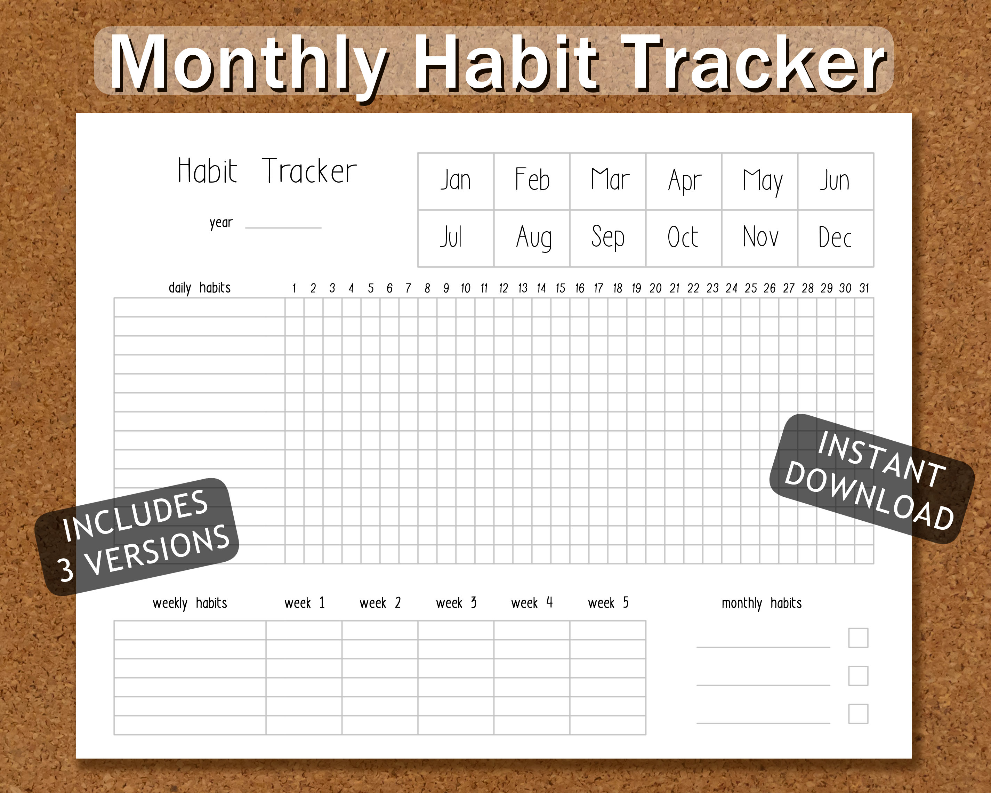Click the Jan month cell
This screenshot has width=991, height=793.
(x=456, y=181)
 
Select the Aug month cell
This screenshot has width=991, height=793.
(x=532, y=238)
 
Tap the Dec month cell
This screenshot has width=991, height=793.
(x=835, y=238)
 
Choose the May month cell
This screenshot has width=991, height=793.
(x=760, y=181)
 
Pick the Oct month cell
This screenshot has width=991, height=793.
(x=684, y=238)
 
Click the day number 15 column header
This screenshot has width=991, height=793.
(x=560, y=288)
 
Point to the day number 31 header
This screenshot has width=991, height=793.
(x=864, y=288)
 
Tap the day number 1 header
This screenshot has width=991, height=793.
(x=294, y=288)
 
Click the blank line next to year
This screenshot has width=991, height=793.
(x=283, y=224)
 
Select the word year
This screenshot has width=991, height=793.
(x=221, y=223)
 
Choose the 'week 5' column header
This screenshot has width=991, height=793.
(x=608, y=603)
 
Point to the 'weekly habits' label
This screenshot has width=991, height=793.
(x=190, y=603)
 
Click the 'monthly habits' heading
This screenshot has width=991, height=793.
(x=761, y=603)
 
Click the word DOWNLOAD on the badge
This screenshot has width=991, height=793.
(x=869, y=496)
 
